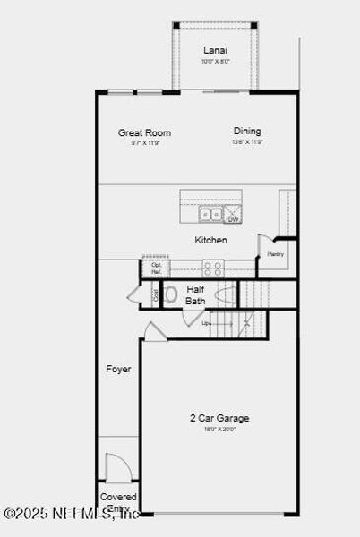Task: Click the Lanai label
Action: [215, 50]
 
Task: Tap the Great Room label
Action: [144, 133]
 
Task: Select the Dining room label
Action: [247, 131]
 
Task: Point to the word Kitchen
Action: [211, 240]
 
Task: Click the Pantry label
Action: [275, 254]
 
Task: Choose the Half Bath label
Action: [195, 295]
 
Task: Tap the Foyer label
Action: [118, 369]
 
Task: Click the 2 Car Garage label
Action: [219, 418]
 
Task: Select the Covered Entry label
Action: [118, 502]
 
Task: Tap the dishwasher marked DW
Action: [233, 216]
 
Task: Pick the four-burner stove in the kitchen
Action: [213, 267]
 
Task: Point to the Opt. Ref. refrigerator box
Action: [157, 268]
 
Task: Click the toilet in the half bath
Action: [171, 294]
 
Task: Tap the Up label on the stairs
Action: [205, 323]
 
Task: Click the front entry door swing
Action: [117, 467]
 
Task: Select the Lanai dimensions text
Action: [215, 62]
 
